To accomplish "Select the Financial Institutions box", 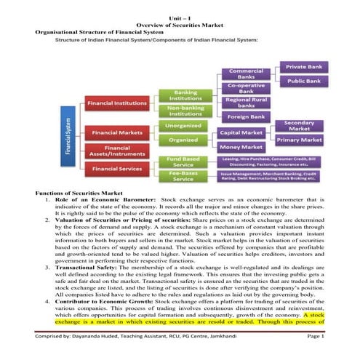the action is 118,104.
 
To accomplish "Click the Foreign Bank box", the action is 246,117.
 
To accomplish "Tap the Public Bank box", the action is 305,81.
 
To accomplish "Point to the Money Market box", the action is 241,147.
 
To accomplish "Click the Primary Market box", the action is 299,140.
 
